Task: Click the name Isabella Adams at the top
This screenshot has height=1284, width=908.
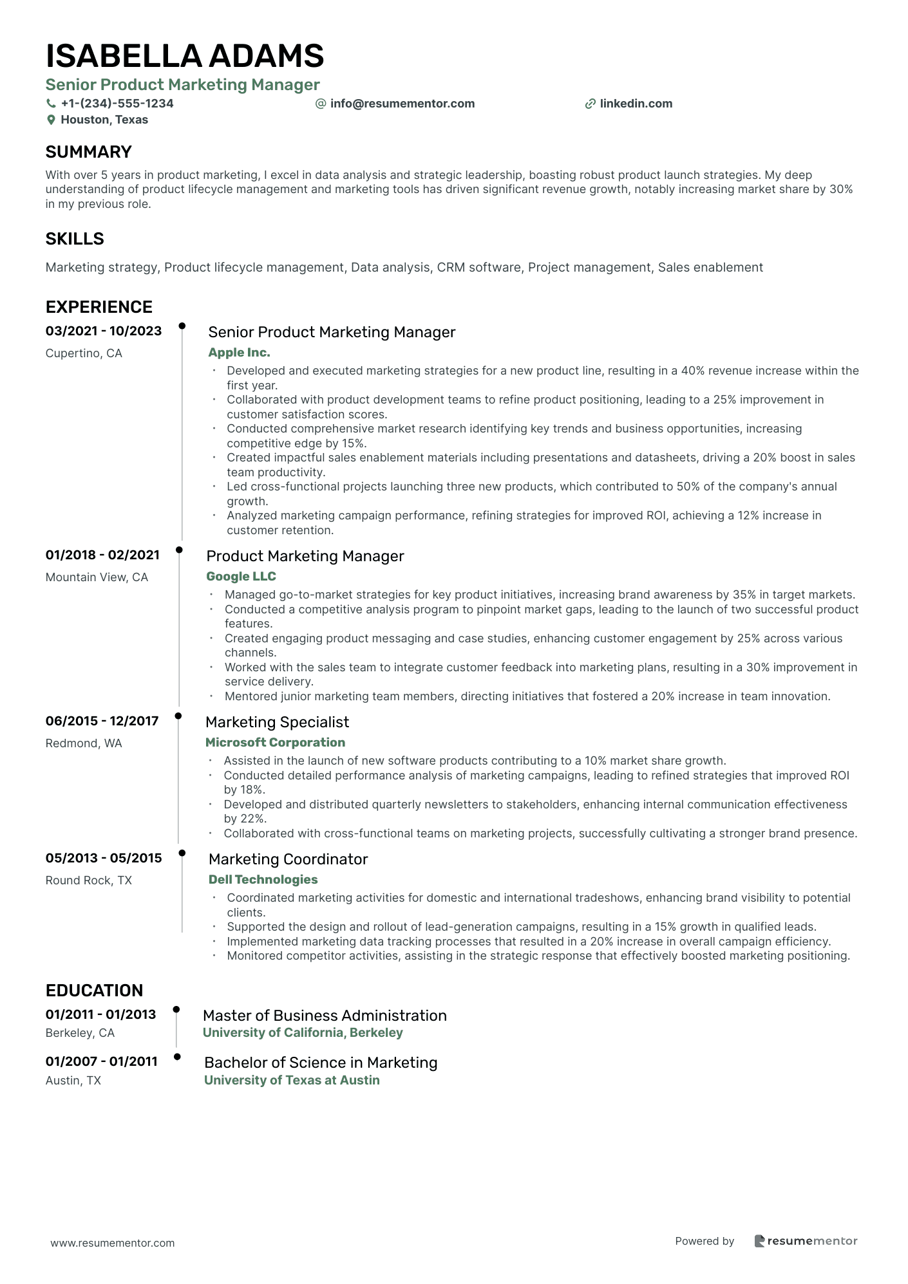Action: click(x=185, y=56)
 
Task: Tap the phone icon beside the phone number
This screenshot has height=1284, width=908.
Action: click(x=51, y=104)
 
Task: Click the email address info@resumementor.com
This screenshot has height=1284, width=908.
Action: click(x=402, y=104)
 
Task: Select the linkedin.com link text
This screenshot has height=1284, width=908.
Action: click(x=636, y=104)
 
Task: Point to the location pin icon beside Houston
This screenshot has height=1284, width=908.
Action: click(x=51, y=120)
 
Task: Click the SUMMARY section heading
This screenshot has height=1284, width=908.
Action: click(x=88, y=152)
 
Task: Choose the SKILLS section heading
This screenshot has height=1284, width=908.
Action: click(x=75, y=239)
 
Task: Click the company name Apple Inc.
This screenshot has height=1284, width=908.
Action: click(x=239, y=353)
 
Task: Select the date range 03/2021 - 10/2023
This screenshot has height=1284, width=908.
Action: click(x=104, y=331)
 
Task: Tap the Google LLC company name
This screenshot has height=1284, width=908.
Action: click(x=241, y=577)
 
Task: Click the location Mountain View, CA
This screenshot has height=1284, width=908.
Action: click(x=97, y=577)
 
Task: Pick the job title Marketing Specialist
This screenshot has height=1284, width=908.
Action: click(x=277, y=722)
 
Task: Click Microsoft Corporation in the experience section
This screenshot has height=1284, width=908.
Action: click(x=275, y=743)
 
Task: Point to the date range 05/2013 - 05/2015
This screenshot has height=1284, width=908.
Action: click(x=104, y=859)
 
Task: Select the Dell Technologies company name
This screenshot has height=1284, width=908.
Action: click(x=263, y=880)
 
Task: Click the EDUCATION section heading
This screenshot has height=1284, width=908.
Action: click(x=94, y=991)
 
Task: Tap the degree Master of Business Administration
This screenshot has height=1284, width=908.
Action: click(x=325, y=1016)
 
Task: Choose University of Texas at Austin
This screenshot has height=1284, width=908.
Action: click(x=292, y=1081)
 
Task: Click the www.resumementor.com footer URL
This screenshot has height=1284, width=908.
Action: click(x=113, y=1243)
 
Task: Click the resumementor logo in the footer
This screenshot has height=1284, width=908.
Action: click(x=806, y=1241)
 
